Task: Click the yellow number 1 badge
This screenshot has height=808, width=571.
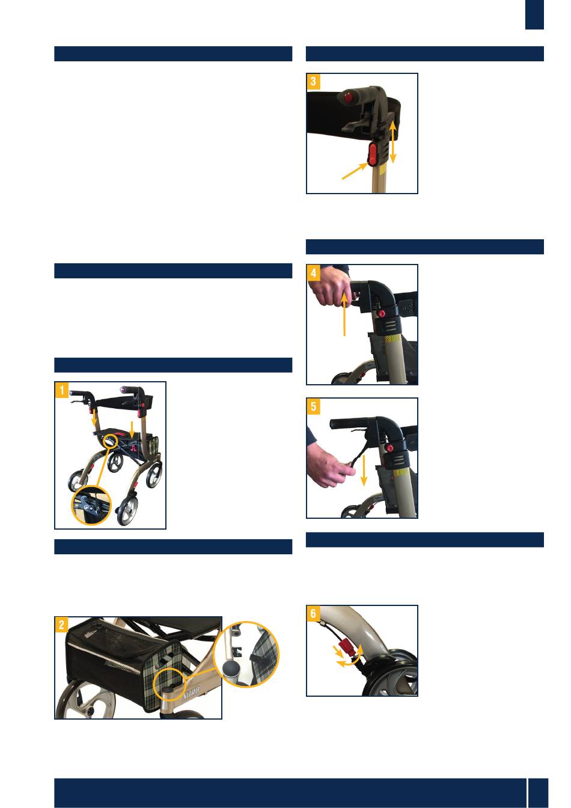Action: [x=62, y=390]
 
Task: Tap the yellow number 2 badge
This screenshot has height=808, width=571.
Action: [x=62, y=625]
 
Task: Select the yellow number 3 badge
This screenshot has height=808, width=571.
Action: [x=313, y=82]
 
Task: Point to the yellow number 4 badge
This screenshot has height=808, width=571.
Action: [x=313, y=273]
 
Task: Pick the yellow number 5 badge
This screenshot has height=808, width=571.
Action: [x=313, y=406]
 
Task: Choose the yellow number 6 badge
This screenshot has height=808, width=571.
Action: [x=313, y=613]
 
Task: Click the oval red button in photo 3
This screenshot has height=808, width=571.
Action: [x=372, y=154]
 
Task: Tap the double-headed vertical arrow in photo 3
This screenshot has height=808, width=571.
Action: [x=393, y=142]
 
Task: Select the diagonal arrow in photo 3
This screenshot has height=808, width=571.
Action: [x=355, y=171]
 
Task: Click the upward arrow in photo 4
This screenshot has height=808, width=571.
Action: [x=344, y=314]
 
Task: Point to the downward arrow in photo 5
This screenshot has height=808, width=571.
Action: [x=364, y=470]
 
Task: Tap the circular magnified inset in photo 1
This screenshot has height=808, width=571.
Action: [x=91, y=505]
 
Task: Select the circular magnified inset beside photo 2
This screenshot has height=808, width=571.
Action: [x=246, y=654]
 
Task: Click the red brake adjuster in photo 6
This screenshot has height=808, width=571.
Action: [x=347, y=644]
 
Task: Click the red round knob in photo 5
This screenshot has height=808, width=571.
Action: [x=389, y=448]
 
